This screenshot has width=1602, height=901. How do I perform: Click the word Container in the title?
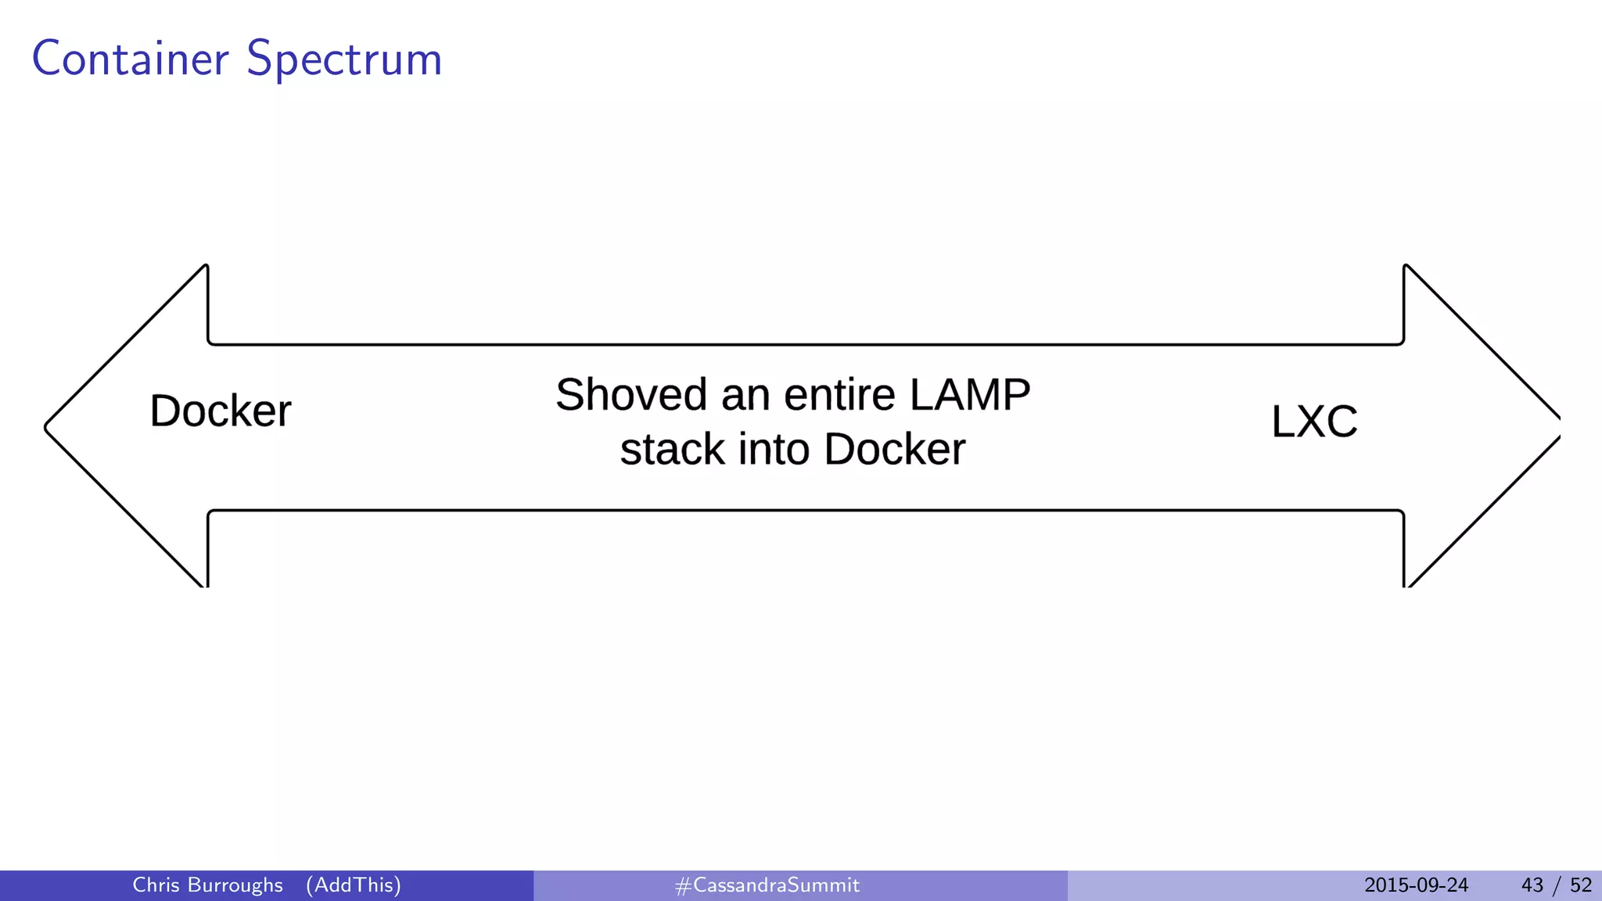[131, 59]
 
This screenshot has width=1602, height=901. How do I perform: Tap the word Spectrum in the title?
[344, 60]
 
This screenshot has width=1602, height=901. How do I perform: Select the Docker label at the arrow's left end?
[220, 411]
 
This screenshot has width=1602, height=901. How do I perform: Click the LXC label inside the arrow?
[1314, 422]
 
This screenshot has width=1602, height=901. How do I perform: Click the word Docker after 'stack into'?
[894, 450]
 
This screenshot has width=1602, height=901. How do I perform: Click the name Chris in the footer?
[156, 885]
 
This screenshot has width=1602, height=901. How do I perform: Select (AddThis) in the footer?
[354, 885]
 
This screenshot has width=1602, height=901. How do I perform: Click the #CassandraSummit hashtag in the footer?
[767, 885]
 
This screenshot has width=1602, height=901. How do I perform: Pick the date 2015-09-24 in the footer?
[1416, 885]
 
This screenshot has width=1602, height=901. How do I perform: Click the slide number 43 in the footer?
[1532, 885]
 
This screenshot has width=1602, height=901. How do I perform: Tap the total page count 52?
[1581, 885]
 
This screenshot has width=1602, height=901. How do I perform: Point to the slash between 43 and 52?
[1557, 885]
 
